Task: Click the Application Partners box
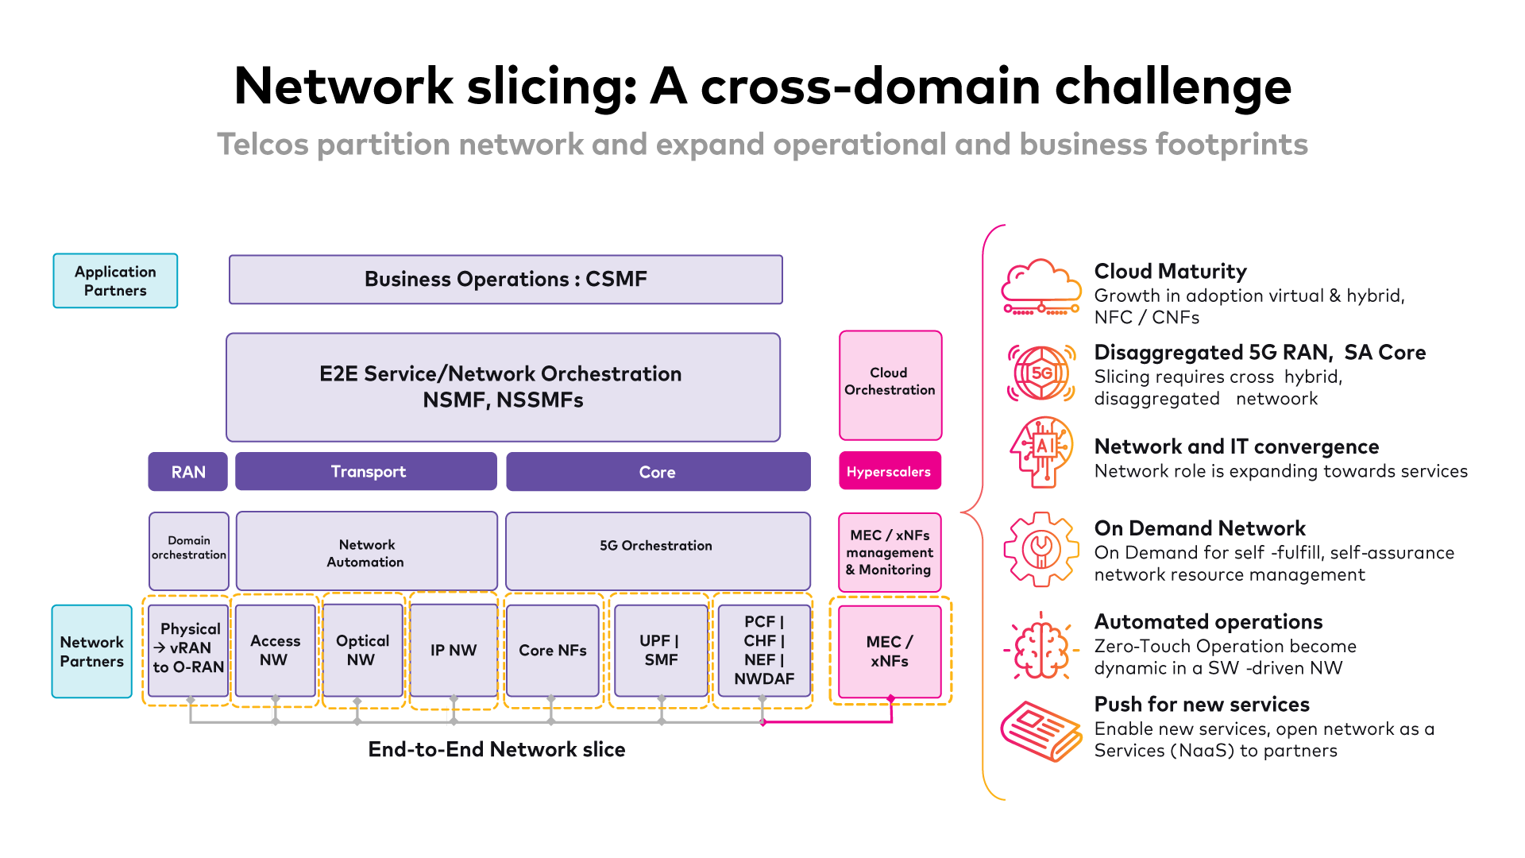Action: coord(115,280)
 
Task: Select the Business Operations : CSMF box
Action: coord(505,280)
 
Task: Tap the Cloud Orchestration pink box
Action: coord(890,385)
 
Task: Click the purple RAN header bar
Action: coord(187,472)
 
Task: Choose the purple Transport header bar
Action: coord(366,472)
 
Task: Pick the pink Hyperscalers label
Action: coord(889,471)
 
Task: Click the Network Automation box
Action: coord(366,552)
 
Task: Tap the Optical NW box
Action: coord(362,650)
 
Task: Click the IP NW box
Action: coord(453,650)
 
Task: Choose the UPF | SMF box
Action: coord(660,650)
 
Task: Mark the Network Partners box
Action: coord(91,651)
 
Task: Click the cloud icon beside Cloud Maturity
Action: coord(1040,288)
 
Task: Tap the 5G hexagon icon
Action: coord(1040,373)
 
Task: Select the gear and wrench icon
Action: coord(1040,550)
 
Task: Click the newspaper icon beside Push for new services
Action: coord(1040,731)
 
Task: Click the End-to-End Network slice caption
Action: coord(496,749)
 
